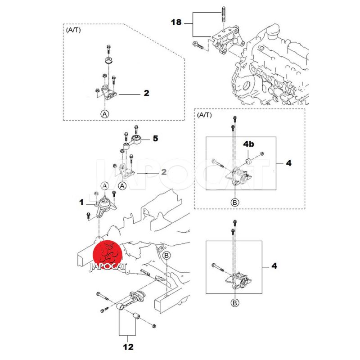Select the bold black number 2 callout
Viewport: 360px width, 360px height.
click(146, 94)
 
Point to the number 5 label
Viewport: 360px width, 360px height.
click(155, 138)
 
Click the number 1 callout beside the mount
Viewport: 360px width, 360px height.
click(82, 203)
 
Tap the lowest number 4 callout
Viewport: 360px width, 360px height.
click(274, 265)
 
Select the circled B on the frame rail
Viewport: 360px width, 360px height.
click(166, 256)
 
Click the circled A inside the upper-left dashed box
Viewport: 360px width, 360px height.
click(104, 114)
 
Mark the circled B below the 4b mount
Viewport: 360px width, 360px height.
click(235, 202)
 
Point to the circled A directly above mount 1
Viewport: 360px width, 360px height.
click(104, 185)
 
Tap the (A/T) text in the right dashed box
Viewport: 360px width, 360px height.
click(205, 115)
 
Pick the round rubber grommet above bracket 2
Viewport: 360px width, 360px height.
click(108, 62)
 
